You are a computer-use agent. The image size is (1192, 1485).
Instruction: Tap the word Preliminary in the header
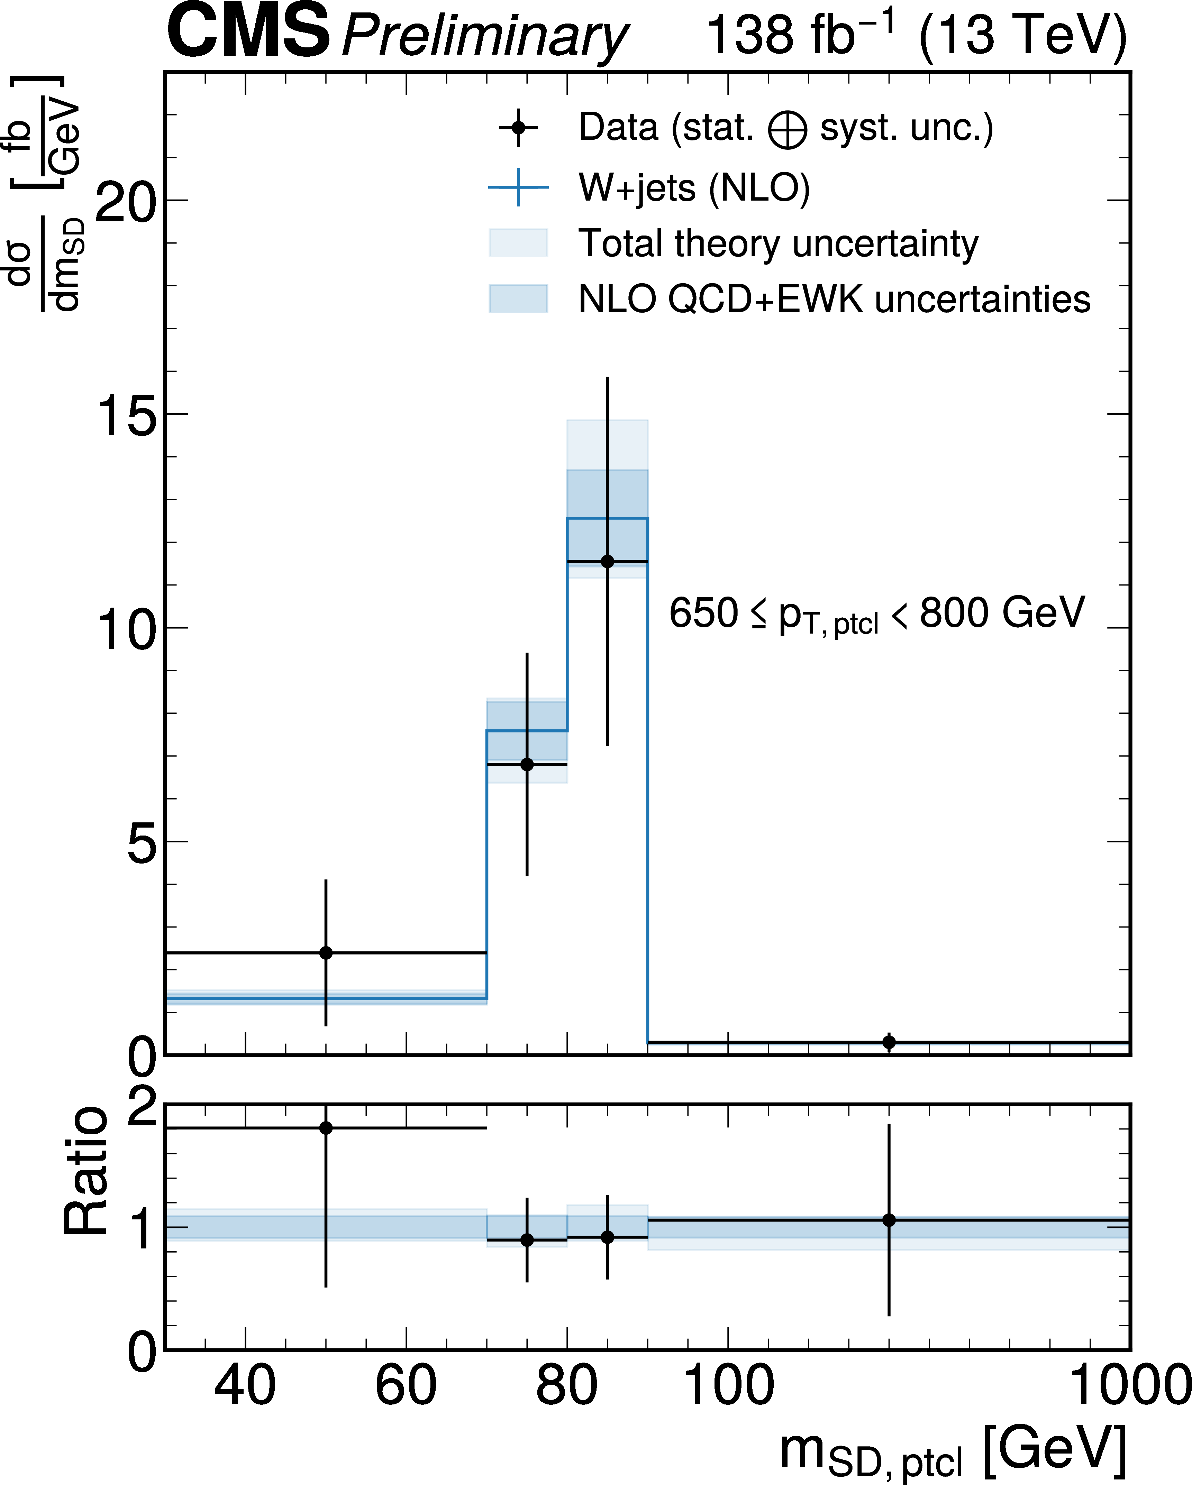(x=484, y=36)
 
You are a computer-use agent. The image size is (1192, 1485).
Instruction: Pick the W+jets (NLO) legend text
(x=694, y=187)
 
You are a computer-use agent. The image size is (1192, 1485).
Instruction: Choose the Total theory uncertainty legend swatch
(x=518, y=243)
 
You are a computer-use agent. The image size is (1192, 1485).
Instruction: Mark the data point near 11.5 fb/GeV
(x=607, y=561)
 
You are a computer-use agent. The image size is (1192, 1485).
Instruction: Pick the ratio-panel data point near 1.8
(x=326, y=1128)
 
